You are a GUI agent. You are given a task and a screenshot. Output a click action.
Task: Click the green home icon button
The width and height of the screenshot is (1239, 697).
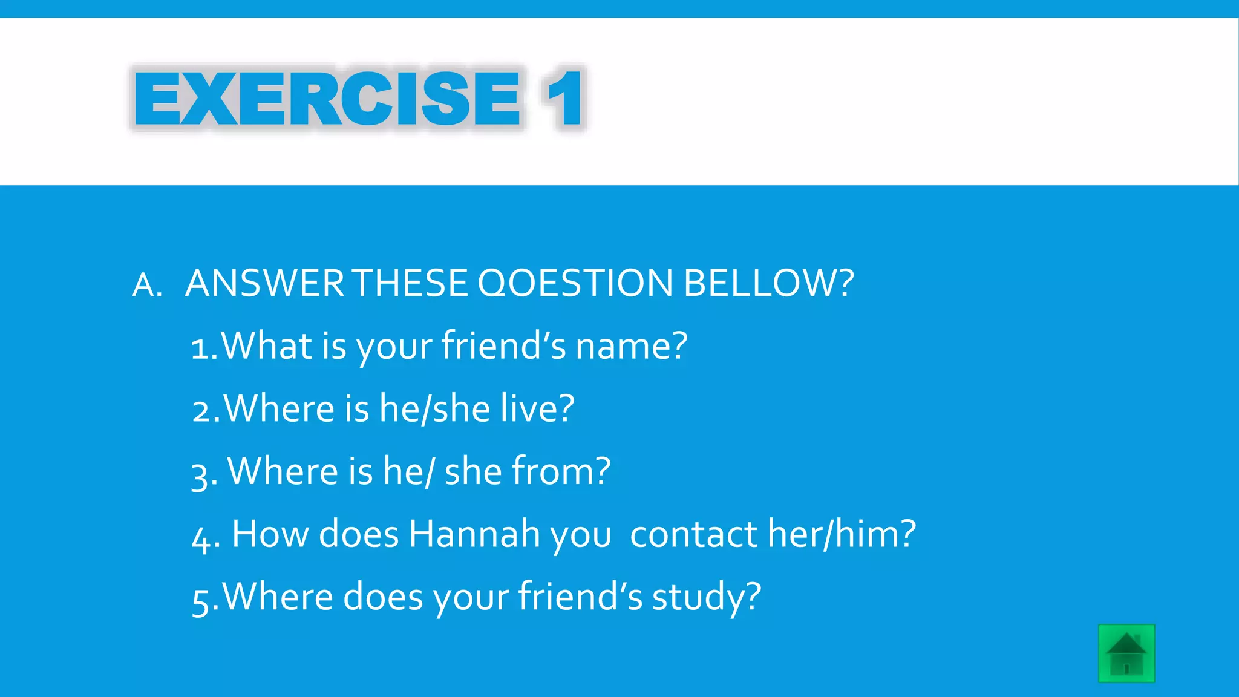pyautogui.click(x=1126, y=653)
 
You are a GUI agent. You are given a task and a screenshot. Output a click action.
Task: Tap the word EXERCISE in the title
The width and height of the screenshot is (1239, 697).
pyautogui.click(x=327, y=99)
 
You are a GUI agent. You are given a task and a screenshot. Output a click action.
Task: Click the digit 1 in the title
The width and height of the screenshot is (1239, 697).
pyautogui.click(x=564, y=99)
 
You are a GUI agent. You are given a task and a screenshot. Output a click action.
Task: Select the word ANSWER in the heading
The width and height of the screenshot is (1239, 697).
pyautogui.click(x=264, y=283)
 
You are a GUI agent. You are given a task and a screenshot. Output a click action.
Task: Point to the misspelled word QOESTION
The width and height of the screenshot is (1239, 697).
pyautogui.click(x=575, y=283)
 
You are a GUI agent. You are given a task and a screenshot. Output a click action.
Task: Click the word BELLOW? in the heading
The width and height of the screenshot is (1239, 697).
pyautogui.click(x=768, y=283)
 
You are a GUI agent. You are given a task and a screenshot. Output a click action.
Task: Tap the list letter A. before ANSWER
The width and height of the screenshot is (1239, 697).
pyautogui.click(x=147, y=285)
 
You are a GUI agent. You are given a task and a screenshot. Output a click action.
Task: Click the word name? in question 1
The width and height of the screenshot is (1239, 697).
pyautogui.click(x=631, y=346)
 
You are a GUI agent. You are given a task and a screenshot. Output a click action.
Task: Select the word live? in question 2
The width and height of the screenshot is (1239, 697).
pyautogui.click(x=537, y=408)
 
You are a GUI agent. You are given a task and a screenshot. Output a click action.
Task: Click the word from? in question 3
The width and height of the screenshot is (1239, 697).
pyautogui.click(x=561, y=471)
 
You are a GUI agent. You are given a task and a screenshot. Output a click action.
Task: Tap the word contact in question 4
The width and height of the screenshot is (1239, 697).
pyautogui.click(x=693, y=534)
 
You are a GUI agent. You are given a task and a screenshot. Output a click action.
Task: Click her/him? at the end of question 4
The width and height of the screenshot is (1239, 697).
pyautogui.click(x=842, y=534)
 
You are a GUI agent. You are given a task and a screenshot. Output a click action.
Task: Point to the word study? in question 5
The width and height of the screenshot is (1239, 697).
pyautogui.click(x=706, y=597)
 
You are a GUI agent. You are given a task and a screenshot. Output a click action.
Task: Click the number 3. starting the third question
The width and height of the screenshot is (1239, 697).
pyautogui.click(x=204, y=474)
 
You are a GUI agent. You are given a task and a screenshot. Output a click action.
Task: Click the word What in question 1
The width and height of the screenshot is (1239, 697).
pyautogui.click(x=266, y=346)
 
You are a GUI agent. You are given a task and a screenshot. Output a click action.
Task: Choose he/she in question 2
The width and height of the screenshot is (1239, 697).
pyautogui.click(x=434, y=408)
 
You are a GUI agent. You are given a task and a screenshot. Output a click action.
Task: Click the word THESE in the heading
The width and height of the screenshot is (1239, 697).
pyautogui.click(x=410, y=283)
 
